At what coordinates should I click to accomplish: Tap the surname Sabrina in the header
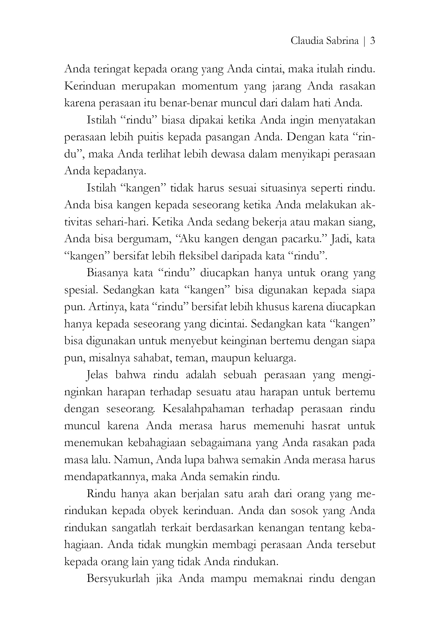343,41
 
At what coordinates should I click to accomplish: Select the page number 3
372,41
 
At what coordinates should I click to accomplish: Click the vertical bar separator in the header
365,41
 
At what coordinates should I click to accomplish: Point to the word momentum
210,86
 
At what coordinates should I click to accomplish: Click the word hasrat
326,426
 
